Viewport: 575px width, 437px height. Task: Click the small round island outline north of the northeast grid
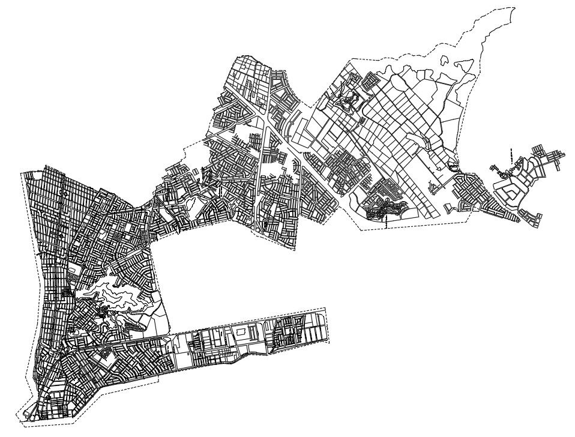(445, 59)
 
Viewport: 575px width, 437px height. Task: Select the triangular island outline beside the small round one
(463, 62)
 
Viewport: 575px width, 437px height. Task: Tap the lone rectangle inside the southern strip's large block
(241, 331)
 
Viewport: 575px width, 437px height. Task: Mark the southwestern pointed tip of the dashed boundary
(26, 420)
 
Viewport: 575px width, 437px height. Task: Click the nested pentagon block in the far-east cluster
(508, 191)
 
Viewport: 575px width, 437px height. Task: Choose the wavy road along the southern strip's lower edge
(240, 360)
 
